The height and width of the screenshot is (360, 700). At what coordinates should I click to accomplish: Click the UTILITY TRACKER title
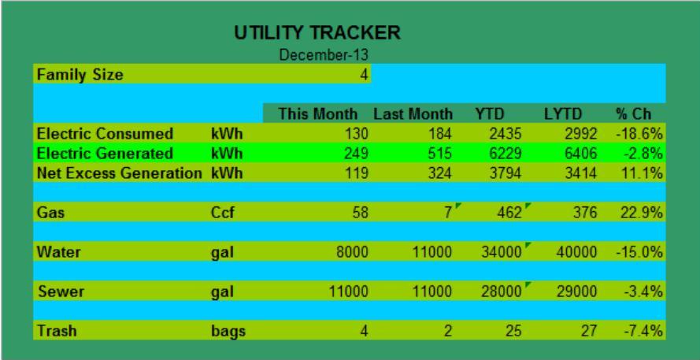pyautogui.click(x=317, y=33)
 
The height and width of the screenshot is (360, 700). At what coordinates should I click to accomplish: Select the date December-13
pyautogui.click(x=324, y=55)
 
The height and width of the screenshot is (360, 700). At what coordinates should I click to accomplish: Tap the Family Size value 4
pyautogui.click(x=365, y=75)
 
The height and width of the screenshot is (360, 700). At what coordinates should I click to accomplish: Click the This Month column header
pyautogui.click(x=318, y=114)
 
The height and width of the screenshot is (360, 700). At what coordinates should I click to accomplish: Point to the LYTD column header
pyautogui.click(x=563, y=114)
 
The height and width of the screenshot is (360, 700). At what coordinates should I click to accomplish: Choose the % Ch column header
pyautogui.click(x=634, y=114)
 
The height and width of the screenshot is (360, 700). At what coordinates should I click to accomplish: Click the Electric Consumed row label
pyautogui.click(x=105, y=134)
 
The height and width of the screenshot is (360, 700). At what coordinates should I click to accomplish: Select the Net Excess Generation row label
pyautogui.click(x=119, y=173)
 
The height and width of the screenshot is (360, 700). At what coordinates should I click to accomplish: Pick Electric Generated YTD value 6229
pyautogui.click(x=502, y=154)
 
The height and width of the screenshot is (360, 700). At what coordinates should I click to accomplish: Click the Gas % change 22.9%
pyautogui.click(x=641, y=213)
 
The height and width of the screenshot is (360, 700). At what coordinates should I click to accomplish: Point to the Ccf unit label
pyautogui.click(x=222, y=213)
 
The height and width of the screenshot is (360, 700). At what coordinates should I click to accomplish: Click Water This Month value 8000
pyautogui.click(x=352, y=252)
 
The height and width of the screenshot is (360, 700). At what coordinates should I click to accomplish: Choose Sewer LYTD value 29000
pyautogui.click(x=576, y=291)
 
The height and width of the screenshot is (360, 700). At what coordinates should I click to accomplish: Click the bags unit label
pyautogui.click(x=228, y=332)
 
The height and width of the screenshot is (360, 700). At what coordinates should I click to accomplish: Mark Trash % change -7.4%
pyautogui.click(x=643, y=331)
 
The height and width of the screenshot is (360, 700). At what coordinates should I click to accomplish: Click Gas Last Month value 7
pyautogui.click(x=448, y=213)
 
